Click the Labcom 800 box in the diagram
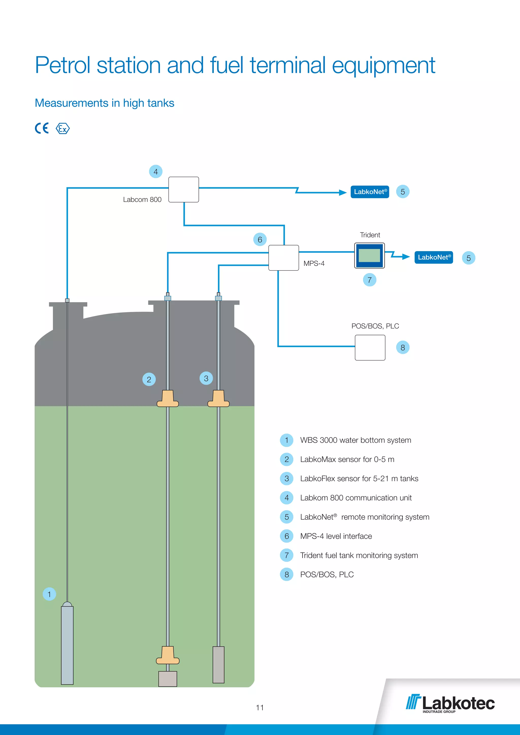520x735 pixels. pyautogui.click(x=184, y=190)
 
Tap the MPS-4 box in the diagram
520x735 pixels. pyautogui.click(x=283, y=258)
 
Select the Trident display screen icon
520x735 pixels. pyautogui.click(x=369, y=256)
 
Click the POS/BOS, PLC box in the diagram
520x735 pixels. pyautogui.click(x=370, y=348)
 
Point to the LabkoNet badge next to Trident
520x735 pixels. pyautogui.click(x=434, y=257)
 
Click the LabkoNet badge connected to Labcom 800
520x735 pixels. pyautogui.click(x=369, y=192)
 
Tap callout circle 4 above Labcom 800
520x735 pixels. pyautogui.click(x=156, y=172)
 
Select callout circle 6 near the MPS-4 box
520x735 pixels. pyautogui.click(x=260, y=239)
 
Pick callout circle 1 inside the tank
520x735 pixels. pyautogui.click(x=49, y=594)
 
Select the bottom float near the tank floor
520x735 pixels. pyautogui.click(x=168, y=655)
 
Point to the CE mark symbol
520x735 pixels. pyautogui.click(x=42, y=128)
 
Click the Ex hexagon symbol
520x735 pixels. pyautogui.click(x=63, y=129)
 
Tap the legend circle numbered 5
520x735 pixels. pyautogui.click(x=287, y=517)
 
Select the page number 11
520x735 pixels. pyautogui.click(x=260, y=708)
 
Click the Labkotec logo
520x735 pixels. pyautogui.click(x=450, y=703)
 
